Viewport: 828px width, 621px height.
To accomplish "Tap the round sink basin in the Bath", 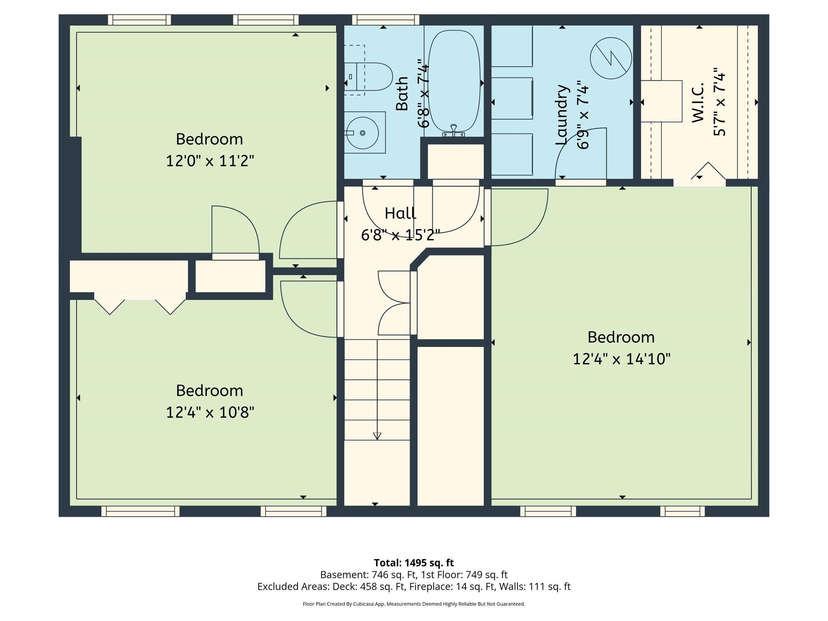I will point(363,133).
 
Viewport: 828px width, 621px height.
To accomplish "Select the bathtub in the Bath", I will point(454,81).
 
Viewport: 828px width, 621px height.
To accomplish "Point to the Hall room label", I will point(400,213).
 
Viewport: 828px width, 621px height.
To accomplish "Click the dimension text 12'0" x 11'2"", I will point(210,161).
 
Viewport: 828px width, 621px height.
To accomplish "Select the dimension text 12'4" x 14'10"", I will point(621,359).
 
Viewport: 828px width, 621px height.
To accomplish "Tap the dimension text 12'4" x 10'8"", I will point(210,413).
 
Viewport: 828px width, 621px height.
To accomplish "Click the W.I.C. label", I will point(698,103).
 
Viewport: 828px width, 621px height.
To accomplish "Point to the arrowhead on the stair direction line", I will point(377,436).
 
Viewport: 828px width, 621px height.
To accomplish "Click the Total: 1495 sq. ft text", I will point(414,563).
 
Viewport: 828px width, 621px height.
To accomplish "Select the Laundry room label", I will point(562,115).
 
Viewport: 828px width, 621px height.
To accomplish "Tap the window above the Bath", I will point(385,19).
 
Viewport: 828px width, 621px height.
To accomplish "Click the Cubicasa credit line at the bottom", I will point(414,604).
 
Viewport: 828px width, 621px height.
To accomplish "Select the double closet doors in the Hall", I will point(394,303).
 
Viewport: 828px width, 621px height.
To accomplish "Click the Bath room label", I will point(402,94).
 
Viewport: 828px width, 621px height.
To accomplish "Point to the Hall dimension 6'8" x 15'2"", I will point(400,235).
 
